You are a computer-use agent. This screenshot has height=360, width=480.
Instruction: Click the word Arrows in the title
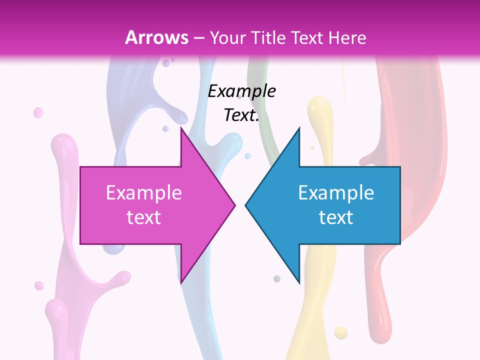click(156, 37)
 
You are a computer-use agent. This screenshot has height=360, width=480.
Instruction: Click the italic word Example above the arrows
click(242, 91)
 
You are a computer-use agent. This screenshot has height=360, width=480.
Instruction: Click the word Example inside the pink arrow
click(144, 192)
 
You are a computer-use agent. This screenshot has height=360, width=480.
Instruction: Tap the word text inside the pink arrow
click(144, 217)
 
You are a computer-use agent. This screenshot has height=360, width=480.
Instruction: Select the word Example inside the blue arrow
click(336, 192)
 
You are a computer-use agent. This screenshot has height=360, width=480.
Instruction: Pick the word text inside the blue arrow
click(336, 217)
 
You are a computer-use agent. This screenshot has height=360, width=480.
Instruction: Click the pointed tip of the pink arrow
click(235, 205)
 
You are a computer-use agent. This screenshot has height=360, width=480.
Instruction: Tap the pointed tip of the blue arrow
click(245, 205)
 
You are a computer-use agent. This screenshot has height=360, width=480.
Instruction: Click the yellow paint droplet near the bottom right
click(340, 332)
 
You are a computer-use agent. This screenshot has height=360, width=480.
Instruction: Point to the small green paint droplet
click(276, 278)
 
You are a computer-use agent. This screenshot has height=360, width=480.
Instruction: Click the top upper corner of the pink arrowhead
click(181, 127)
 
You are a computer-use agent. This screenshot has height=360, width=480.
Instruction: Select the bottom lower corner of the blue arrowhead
click(299, 283)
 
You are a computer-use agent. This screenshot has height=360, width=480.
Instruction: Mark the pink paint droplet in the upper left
click(38, 112)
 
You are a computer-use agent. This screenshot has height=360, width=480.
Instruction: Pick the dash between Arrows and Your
click(198, 38)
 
